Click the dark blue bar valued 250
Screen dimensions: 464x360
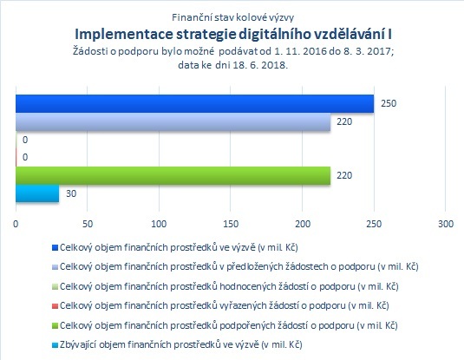click(195, 103)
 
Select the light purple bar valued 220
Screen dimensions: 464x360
click(173, 121)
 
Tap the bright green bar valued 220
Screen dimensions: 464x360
click(173, 175)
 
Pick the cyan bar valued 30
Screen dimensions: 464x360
click(37, 193)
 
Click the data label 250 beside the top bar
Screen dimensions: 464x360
click(389, 103)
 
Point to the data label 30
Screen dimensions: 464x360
click(71, 193)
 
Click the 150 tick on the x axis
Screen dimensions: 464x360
click(231, 224)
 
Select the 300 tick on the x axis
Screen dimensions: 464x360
click(446, 224)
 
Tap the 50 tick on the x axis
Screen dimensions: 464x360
click(88, 224)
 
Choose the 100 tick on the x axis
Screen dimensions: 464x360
click(159, 224)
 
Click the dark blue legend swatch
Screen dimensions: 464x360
click(55, 247)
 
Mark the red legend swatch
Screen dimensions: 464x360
click(55, 306)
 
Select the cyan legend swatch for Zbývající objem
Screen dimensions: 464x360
click(55, 345)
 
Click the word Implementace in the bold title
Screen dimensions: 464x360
click(124, 35)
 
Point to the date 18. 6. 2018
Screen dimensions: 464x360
click(260, 65)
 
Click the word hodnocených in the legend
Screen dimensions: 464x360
click(247, 286)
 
